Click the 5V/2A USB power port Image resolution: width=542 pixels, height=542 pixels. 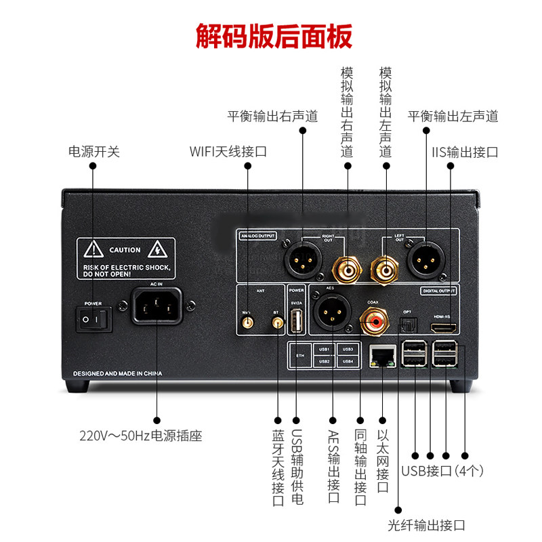click(x=295, y=321)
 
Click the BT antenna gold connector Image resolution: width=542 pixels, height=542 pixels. click(x=277, y=324)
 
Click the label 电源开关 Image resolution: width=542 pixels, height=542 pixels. click(x=93, y=151)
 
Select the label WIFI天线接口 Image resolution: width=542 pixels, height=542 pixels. click(x=228, y=151)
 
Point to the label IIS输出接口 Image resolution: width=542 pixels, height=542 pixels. click(x=464, y=151)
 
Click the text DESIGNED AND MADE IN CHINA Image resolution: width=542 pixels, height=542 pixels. click(x=119, y=373)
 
